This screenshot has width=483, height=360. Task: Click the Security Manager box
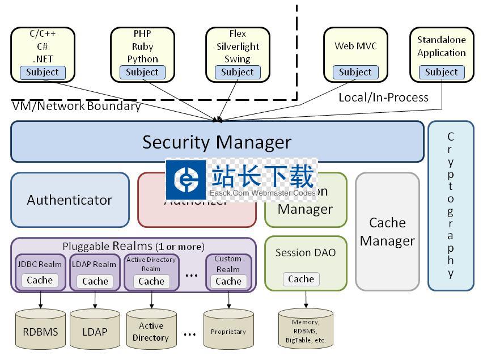(217, 142)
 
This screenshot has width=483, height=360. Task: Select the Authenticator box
(70, 200)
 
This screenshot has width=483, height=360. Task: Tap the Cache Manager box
(387, 231)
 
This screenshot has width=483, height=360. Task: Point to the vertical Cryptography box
(451, 205)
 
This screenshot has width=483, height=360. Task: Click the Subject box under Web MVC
(355, 72)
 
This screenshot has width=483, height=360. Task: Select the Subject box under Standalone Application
(441, 72)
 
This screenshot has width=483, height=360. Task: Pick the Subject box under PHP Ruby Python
(142, 72)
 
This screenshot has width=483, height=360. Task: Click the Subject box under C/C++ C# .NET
(43, 72)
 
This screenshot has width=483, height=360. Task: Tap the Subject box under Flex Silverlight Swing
(238, 72)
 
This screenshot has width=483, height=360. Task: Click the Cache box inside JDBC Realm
(40, 280)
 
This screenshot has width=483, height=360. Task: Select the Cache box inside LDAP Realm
(95, 281)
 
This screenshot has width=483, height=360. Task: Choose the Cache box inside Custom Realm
(228, 281)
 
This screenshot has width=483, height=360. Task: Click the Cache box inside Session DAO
(301, 279)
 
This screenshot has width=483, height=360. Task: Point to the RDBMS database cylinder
(40, 330)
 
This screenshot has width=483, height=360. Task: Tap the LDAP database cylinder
(95, 330)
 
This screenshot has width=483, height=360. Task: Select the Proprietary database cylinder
(228, 330)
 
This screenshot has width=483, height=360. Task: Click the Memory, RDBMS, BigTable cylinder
(306, 330)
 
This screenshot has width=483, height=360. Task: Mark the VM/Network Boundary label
(76, 106)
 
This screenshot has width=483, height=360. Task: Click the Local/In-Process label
(383, 98)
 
